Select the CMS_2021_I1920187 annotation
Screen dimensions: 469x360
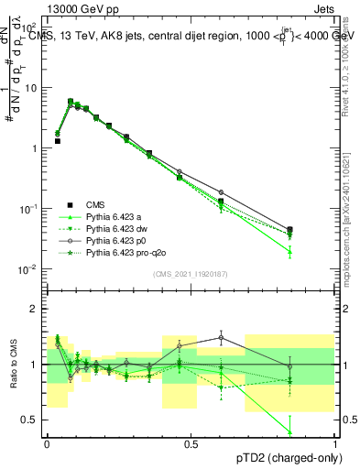pos(191,274)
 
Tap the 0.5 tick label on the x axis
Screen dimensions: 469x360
pos(191,443)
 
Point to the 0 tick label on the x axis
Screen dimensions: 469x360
pos(47,443)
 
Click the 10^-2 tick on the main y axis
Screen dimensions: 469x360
pos(32,269)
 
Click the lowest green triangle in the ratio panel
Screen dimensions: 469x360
pos(290,431)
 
